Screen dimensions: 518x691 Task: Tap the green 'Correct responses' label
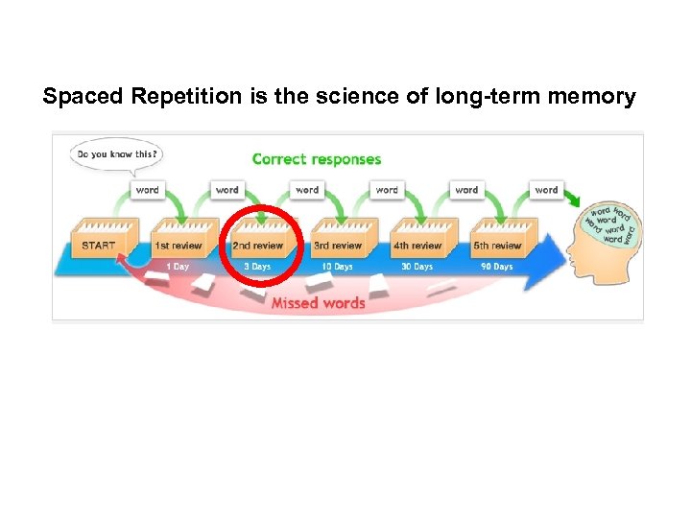pos(316,159)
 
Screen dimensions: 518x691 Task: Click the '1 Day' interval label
pos(178,267)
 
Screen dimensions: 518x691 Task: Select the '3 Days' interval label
pos(257,267)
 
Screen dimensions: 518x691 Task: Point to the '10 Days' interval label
pos(337,267)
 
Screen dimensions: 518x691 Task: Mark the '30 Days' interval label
pos(417,267)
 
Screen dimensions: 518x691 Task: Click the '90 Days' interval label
pos(496,267)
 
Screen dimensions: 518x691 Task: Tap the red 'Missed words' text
pos(318,303)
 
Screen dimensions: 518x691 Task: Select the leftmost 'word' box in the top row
pos(147,190)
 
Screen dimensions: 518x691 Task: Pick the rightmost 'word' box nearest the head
pos(546,190)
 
